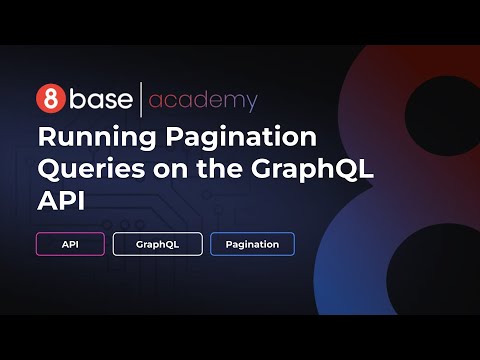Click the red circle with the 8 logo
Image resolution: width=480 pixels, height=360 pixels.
click(x=47, y=99)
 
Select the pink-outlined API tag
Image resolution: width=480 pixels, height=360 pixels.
click(x=70, y=244)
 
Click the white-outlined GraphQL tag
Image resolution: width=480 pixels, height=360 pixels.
click(x=157, y=244)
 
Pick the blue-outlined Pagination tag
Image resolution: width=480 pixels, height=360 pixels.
click(x=252, y=244)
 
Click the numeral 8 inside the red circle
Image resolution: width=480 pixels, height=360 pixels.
click(x=47, y=99)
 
